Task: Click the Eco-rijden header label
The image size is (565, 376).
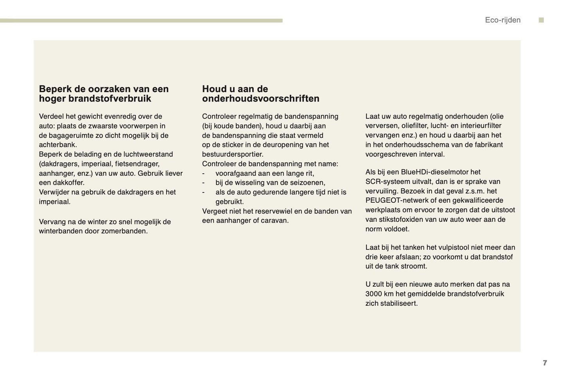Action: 502,20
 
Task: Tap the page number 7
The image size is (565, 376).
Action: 545,363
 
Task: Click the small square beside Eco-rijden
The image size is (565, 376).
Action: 541,20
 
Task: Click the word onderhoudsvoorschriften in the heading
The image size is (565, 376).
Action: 260,98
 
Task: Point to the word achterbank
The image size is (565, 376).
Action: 57,145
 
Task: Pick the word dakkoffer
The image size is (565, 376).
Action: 70,183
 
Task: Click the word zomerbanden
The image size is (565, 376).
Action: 127,231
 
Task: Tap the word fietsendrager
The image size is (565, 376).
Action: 137,164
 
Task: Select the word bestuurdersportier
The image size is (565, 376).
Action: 232,154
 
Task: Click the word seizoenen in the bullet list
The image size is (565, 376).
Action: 307,183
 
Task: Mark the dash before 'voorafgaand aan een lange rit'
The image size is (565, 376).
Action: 203,173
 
